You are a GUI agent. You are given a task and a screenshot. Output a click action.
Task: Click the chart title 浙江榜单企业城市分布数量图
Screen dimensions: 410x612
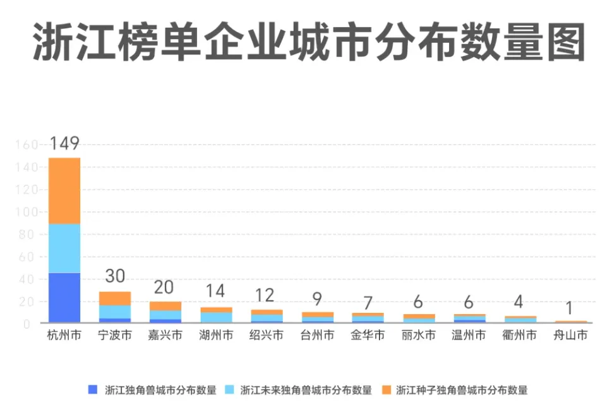pos(309,43)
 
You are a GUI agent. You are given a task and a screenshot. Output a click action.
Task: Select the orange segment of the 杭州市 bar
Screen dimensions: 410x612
pos(64,190)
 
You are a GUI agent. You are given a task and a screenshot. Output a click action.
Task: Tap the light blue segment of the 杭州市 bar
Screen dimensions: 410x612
pos(64,249)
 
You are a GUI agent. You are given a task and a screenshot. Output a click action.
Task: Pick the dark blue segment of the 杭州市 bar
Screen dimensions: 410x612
pos(64,298)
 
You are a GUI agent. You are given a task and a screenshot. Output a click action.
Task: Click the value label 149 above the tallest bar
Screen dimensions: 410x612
pos(64,144)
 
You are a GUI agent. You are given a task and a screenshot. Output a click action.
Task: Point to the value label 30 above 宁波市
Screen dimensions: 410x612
pos(115,278)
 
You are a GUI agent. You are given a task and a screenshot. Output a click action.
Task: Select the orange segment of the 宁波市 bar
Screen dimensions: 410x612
pos(115,298)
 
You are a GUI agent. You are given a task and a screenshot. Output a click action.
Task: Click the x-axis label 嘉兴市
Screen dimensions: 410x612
pos(165,336)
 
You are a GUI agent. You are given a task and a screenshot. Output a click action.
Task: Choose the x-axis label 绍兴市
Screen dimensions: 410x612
pos(267,336)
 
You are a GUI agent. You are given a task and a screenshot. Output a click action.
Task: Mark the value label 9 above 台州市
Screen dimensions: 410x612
pos(317,298)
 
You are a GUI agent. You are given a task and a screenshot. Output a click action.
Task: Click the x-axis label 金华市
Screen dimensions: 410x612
pos(368,336)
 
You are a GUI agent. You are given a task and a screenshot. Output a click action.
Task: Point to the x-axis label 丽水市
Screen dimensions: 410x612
pos(418,336)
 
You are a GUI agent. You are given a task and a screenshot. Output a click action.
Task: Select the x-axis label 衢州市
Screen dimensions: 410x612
pos(519,336)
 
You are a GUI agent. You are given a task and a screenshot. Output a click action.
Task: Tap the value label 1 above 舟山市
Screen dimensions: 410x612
pos(570,308)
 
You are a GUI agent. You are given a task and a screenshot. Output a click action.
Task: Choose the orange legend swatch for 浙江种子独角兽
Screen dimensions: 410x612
pos(386,389)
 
